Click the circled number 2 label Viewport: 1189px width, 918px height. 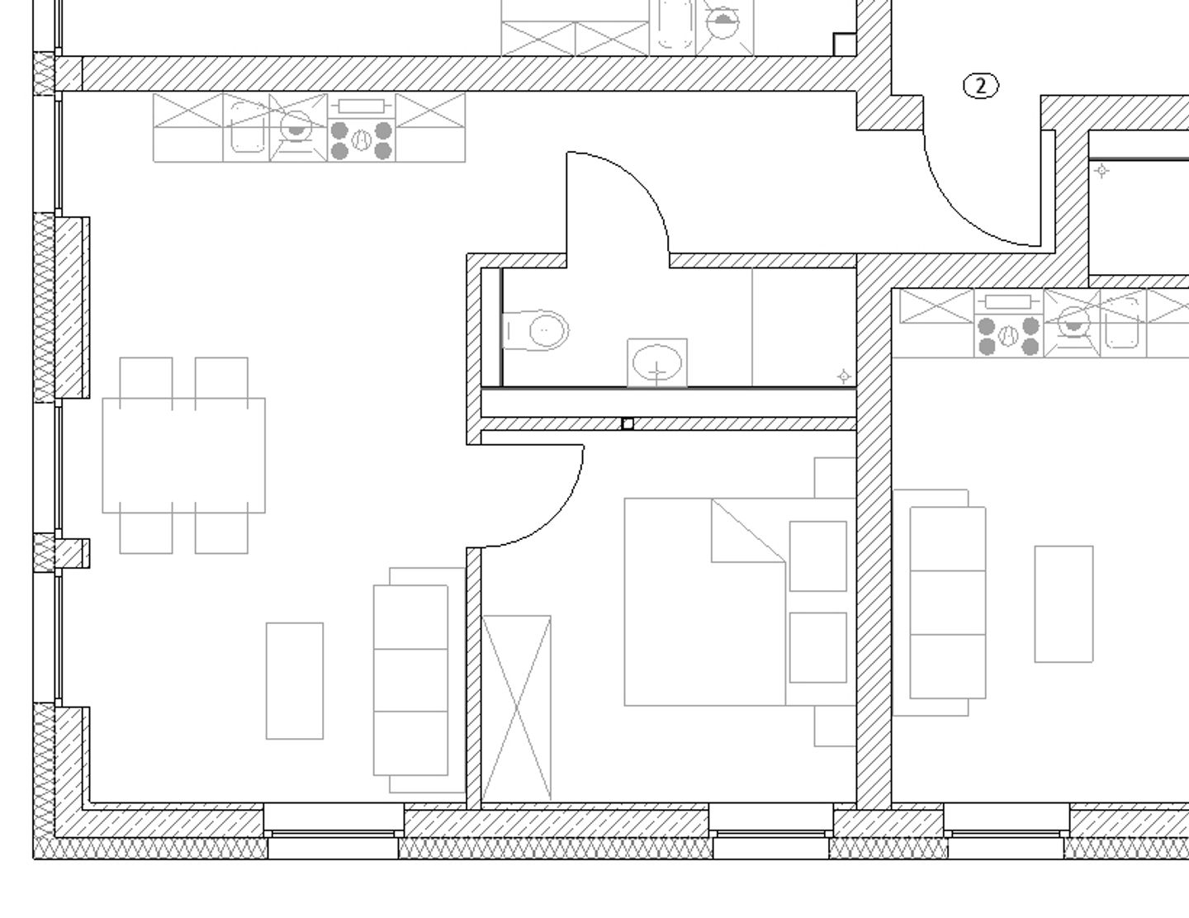pos(981,85)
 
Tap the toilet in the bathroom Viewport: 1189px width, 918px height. pos(538,330)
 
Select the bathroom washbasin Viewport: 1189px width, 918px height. pos(656,362)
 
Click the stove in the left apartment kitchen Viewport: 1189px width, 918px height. pos(361,140)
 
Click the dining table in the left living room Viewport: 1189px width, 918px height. pos(183,455)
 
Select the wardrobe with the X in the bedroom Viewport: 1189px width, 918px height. pos(517,707)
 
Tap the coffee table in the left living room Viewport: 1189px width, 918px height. pos(295,680)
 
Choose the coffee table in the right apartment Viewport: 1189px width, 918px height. pos(1063,603)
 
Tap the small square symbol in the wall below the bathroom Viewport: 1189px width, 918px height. pos(628,424)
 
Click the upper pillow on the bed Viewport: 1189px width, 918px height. pos(817,556)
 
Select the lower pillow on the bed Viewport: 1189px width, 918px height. pos(817,647)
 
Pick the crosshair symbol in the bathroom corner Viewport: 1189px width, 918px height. pos(843,376)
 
